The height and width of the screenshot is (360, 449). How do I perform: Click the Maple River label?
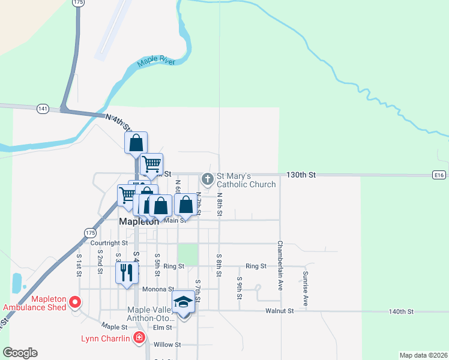click(x=156, y=61)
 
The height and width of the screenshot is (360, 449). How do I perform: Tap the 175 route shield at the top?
click(x=77, y=3)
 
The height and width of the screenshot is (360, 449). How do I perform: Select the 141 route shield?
click(x=42, y=109)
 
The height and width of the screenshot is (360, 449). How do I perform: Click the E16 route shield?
click(x=439, y=175)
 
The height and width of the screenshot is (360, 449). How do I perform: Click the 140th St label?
click(x=402, y=311)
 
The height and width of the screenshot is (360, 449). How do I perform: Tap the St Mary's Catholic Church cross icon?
click(x=208, y=179)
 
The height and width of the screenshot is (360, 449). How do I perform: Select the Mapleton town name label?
click(x=139, y=221)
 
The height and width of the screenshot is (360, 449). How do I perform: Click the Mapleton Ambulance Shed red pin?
click(x=76, y=301)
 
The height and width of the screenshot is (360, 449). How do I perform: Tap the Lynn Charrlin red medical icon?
click(x=139, y=338)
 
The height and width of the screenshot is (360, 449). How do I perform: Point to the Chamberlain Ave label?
click(x=280, y=266)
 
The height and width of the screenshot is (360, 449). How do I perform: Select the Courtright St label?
click(x=109, y=243)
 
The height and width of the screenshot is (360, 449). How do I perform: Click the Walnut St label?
click(x=281, y=311)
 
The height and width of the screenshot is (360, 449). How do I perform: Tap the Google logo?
click(x=20, y=353)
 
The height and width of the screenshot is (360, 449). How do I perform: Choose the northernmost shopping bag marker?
click(x=136, y=143)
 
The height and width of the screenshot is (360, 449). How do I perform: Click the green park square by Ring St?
click(x=188, y=254)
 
